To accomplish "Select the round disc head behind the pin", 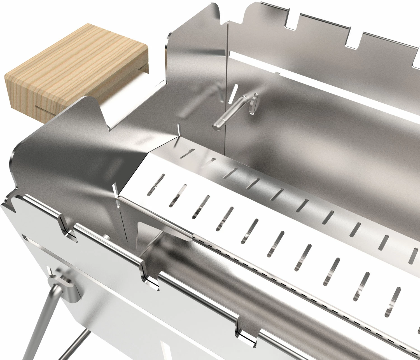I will point(253,102).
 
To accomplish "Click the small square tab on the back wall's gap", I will point(277,74).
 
